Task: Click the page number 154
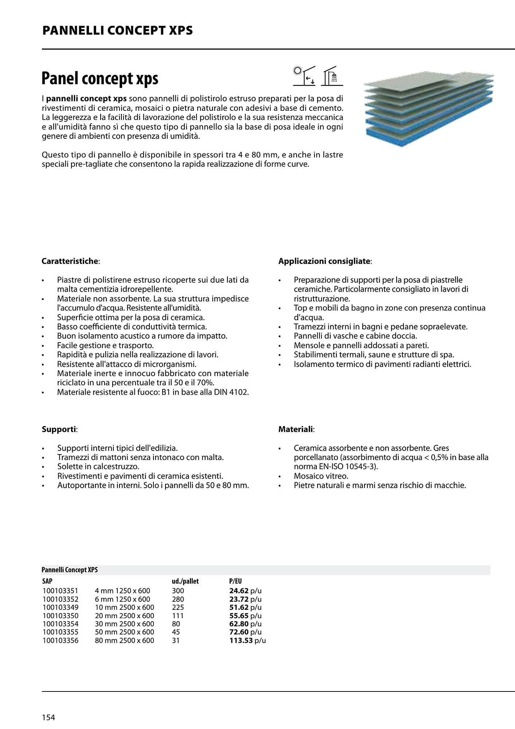click(48, 717)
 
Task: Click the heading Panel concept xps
click(100, 78)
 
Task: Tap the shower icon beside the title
click(332, 76)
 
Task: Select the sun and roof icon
click(304, 76)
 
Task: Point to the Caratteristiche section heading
click(70, 261)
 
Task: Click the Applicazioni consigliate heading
click(325, 261)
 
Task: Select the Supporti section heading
click(59, 429)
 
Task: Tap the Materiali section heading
click(296, 429)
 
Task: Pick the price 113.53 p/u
click(247, 640)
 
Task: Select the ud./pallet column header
click(185, 581)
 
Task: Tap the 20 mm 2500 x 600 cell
click(124, 616)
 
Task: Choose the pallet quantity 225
click(178, 607)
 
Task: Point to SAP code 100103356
click(60, 640)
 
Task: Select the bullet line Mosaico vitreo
click(321, 476)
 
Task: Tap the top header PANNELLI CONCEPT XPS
click(117, 30)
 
